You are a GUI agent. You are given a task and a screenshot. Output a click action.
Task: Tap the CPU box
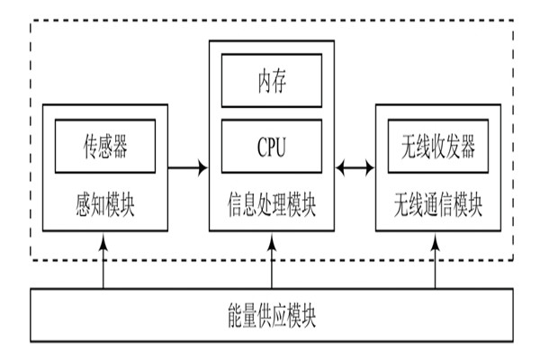[272, 145]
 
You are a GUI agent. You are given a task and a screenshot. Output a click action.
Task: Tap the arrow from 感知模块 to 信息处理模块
[189, 166]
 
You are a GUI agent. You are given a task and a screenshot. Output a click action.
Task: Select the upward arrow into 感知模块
[104, 261]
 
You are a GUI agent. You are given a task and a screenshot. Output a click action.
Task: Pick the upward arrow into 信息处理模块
[272, 261]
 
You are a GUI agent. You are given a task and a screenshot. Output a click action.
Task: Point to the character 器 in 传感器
[130, 145]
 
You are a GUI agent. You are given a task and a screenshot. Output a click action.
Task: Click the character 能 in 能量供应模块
[236, 316]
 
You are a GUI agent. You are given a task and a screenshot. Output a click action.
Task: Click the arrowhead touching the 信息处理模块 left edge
[203, 166]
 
